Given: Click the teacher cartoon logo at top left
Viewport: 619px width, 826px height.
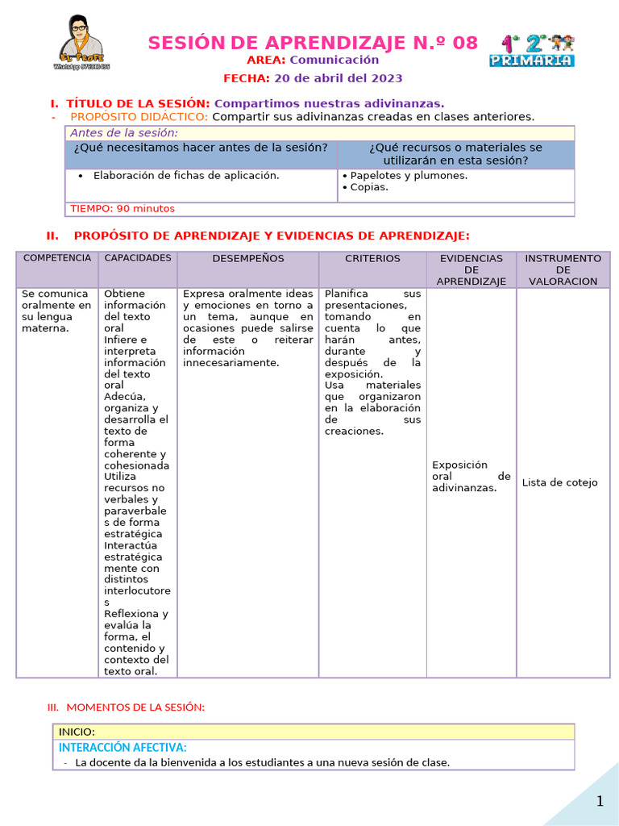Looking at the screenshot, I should point(81,43).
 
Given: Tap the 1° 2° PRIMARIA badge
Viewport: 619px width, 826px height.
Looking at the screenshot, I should point(532,50).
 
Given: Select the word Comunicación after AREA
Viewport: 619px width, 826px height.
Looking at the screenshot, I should point(334,60).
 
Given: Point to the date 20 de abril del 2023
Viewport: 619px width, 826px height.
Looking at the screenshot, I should point(338,78).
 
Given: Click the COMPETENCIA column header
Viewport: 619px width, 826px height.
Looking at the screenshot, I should point(57,258).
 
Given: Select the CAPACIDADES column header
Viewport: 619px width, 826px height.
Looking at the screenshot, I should point(138,258).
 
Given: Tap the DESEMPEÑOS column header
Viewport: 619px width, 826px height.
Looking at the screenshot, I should point(248,259).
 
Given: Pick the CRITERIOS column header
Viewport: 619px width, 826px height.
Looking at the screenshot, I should point(372,259).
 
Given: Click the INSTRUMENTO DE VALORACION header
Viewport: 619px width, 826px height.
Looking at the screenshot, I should point(563,269).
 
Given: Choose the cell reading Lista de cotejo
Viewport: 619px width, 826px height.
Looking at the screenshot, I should point(559,482).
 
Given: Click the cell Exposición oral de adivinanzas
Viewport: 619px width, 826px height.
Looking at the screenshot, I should point(471,476).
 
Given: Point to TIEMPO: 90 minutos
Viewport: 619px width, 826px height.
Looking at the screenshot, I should point(123,209).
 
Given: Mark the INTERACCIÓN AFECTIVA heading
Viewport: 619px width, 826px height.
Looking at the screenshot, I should point(123,748).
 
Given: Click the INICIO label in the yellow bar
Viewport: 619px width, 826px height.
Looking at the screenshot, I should point(77,732).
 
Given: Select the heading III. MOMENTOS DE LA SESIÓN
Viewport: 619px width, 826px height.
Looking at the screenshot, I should point(127,707).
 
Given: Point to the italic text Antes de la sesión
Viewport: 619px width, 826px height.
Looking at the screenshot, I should point(124,133).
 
